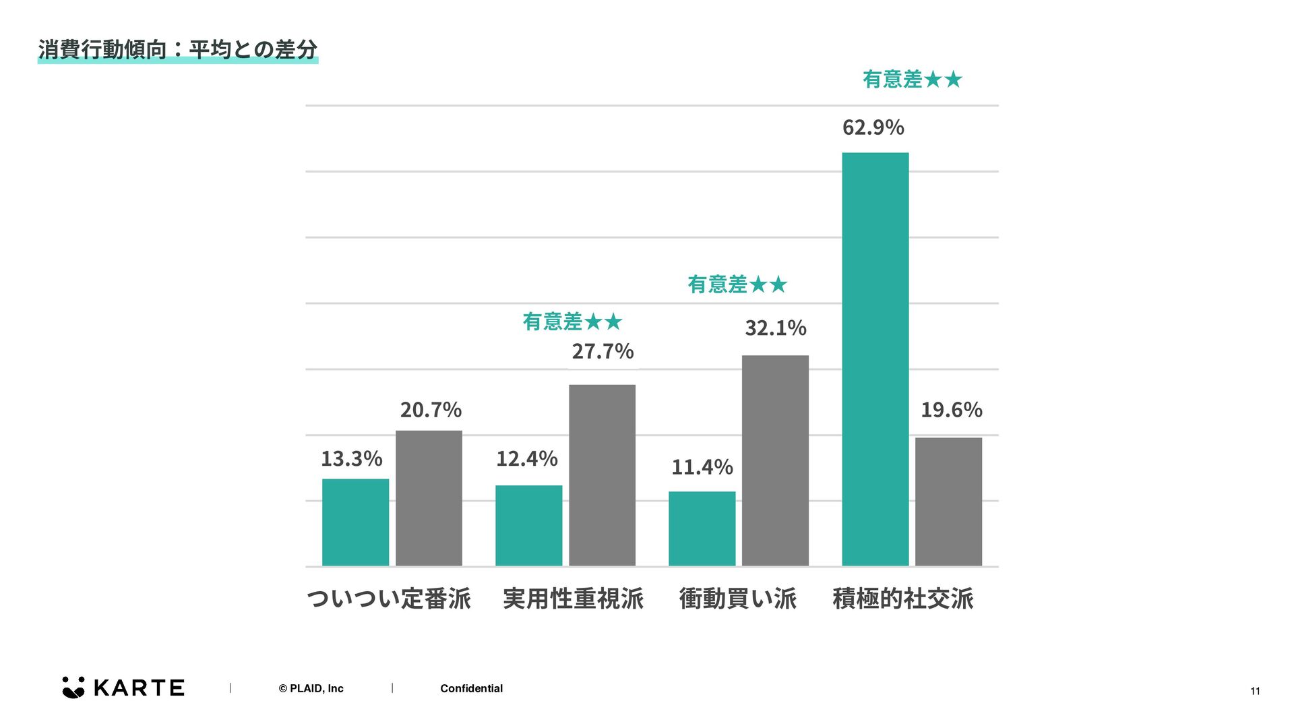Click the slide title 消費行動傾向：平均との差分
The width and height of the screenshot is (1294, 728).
[x=177, y=50]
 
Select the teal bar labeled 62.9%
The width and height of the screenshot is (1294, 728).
[x=875, y=359]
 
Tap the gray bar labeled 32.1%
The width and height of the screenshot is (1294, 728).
[x=775, y=460]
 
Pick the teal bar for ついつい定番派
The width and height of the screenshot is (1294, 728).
[x=355, y=522]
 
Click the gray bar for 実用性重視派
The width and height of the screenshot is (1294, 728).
[x=602, y=475]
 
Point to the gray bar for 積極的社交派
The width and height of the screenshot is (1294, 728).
[x=948, y=502]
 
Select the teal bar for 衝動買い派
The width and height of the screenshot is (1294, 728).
[x=702, y=528]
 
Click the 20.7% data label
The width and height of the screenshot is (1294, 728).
[x=431, y=410]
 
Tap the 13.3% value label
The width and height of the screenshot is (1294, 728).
[x=351, y=459]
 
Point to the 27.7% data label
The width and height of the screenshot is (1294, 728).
[x=603, y=351]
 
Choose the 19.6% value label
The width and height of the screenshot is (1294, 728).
[x=951, y=410]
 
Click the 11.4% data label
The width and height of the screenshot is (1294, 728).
[x=702, y=467]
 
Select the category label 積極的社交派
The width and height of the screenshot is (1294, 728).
[x=902, y=599]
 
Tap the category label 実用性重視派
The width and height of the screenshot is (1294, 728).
[x=573, y=599]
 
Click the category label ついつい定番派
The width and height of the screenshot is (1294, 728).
[x=389, y=599]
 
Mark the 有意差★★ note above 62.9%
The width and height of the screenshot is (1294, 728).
[x=912, y=80]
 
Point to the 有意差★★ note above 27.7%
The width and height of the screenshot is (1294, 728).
[x=572, y=322]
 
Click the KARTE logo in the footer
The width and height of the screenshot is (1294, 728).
[x=123, y=688]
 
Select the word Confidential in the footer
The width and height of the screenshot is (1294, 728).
[x=471, y=688]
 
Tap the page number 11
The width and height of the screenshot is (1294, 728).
[x=1255, y=691]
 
